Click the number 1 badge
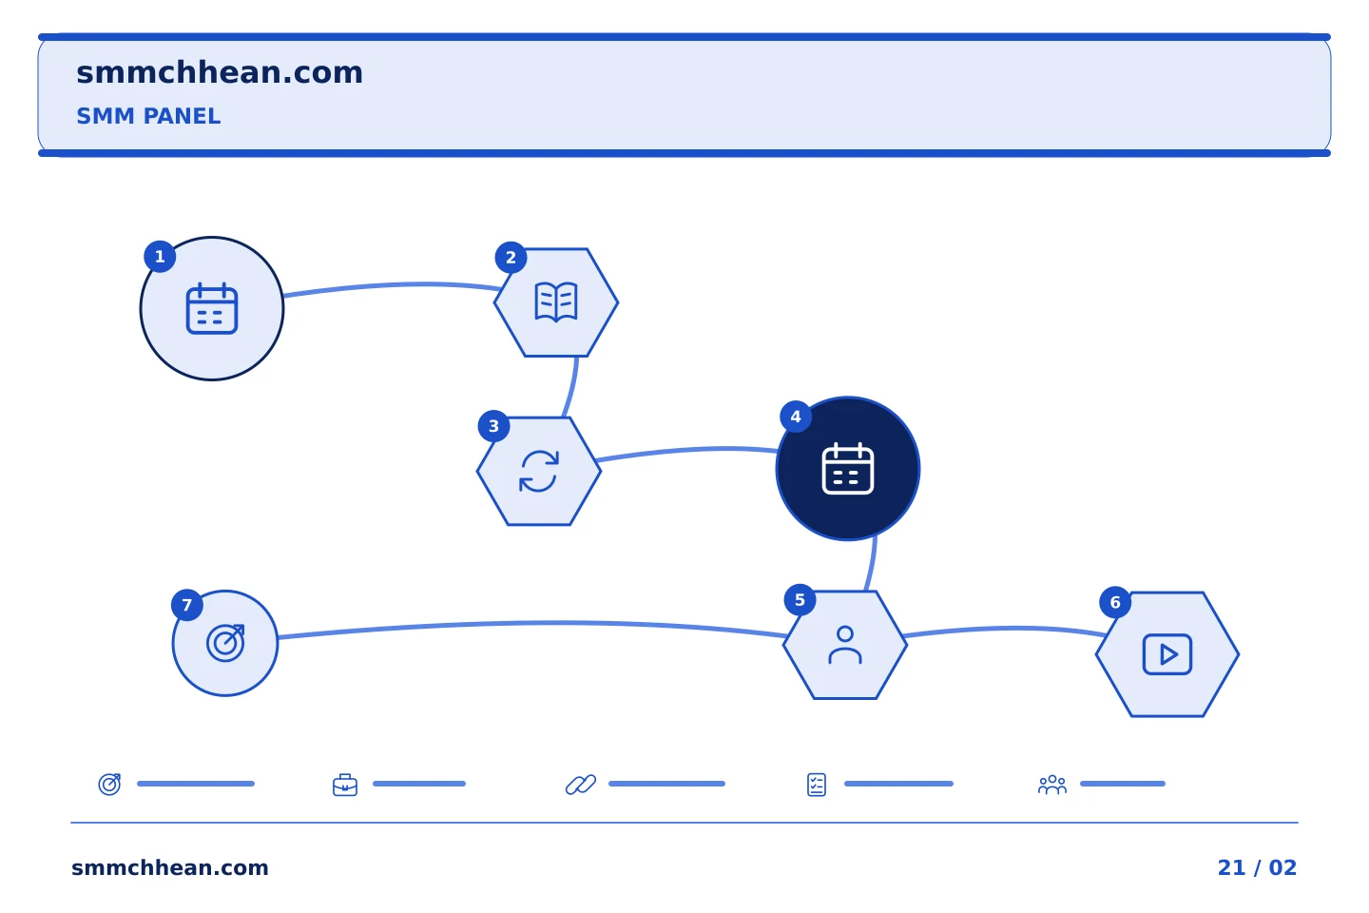coord(160,256)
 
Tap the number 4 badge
coord(796,417)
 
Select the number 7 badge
coord(187,605)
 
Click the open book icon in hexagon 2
coord(556,302)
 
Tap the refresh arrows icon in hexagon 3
coord(539,471)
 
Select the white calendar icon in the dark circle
coord(848,469)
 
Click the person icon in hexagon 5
coord(845,645)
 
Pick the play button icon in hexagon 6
coord(1167,654)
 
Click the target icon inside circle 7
coord(225,643)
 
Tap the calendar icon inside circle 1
coord(212,308)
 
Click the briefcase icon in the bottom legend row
coord(345,785)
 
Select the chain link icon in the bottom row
coord(581,785)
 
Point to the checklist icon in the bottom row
coord(817,785)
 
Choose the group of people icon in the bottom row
coord(1052,785)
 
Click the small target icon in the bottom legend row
coord(110,784)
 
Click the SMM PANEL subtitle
coord(148,116)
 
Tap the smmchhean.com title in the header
coord(220,73)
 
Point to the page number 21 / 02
coord(1257,867)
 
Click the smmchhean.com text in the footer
coord(170,867)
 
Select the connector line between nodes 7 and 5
coord(531,623)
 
